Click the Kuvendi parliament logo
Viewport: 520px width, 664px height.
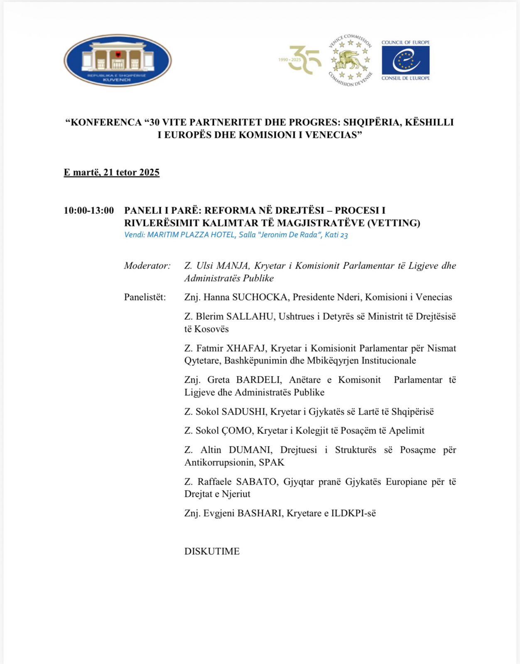click(118, 61)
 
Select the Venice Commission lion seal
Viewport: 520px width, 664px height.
click(351, 61)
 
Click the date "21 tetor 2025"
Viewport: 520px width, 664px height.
click(131, 173)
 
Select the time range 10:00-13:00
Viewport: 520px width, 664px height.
click(88, 210)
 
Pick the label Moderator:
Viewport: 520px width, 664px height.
click(147, 266)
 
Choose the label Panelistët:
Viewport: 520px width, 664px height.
click(145, 297)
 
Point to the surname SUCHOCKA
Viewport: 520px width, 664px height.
click(260, 297)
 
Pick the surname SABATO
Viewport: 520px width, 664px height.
click(256, 482)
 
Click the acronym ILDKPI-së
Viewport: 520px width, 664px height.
click(353, 513)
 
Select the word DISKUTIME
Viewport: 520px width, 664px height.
click(212, 552)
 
